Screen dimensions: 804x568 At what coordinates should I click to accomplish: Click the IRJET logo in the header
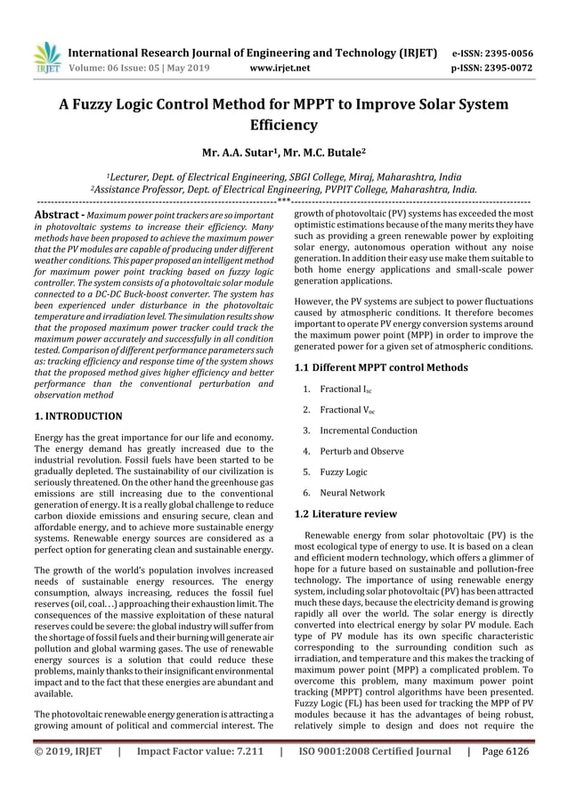[x=45, y=55]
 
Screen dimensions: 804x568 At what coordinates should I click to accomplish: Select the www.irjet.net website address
[x=280, y=66]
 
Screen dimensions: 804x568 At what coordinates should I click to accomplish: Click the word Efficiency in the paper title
[x=283, y=126]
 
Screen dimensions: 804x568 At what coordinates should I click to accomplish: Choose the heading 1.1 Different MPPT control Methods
[x=381, y=367]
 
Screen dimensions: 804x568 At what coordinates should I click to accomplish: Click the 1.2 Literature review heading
[x=345, y=514]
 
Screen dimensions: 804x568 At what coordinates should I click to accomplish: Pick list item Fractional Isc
[x=354, y=390]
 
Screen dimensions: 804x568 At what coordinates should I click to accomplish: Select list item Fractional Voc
[x=355, y=410]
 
